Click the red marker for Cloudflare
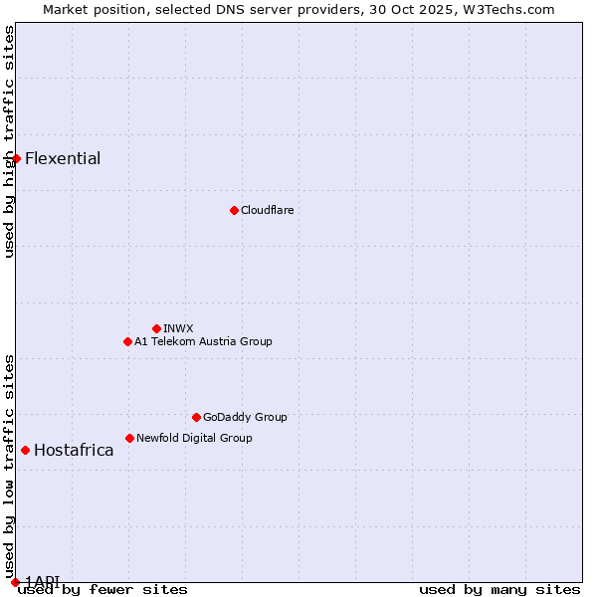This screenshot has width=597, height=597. click(x=234, y=210)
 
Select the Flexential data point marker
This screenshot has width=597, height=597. click(x=16, y=158)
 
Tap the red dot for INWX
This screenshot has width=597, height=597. click(x=156, y=328)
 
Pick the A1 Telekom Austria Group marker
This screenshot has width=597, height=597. click(x=127, y=341)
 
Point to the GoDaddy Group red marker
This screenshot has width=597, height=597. click(x=196, y=417)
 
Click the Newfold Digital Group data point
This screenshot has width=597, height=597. click(x=129, y=438)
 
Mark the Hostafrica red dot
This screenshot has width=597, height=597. click(x=25, y=450)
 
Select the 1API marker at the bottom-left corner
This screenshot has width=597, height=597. click(x=15, y=581)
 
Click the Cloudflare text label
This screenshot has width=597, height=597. click(x=267, y=210)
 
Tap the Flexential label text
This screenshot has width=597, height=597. click(x=63, y=158)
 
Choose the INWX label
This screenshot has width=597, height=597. click(x=178, y=328)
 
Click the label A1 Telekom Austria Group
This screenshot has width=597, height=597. click(x=203, y=341)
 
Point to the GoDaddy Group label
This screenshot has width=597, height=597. click(x=245, y=417)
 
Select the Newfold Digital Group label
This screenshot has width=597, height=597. click(x=194, y=438)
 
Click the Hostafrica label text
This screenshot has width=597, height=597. click(x=74, y=450)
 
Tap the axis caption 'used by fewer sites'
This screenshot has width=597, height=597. click(x=102, y=589)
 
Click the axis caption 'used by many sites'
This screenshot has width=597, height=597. click(x=499, y=589)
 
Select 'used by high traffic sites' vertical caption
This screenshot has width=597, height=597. click(x=9, y=141)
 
